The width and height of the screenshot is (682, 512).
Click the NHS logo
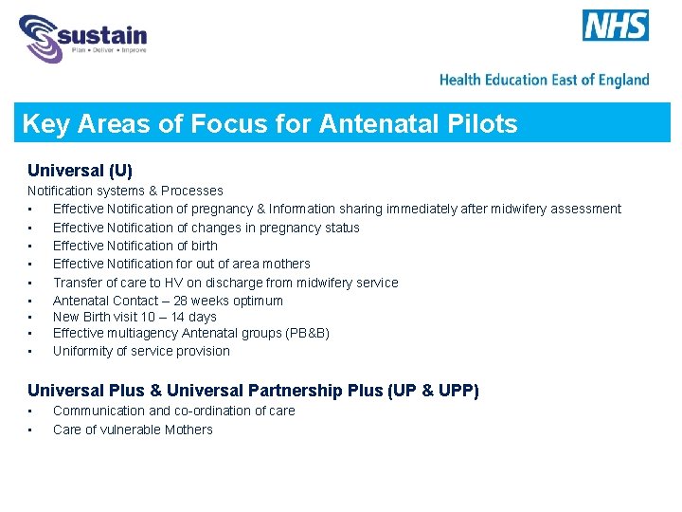(x=616, y=26)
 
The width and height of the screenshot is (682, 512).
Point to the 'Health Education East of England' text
(x=545, y=80)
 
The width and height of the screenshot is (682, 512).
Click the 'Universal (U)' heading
(x=80, y=171)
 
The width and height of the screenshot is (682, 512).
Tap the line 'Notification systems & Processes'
(x=125, y=191)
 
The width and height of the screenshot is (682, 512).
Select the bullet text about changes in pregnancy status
(x=206, y=228)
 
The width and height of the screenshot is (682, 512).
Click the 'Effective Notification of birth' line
(x=135, y=246)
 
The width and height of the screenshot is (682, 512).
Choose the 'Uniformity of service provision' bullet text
(x=141, y=351)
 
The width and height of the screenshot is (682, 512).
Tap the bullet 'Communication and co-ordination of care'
(x=173, y=411)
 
